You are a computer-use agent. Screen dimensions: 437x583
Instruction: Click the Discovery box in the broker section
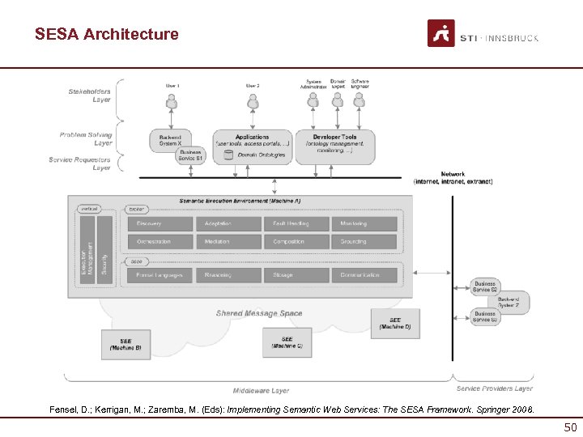point(159,223)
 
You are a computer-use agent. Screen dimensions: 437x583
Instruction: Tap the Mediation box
point(228,241)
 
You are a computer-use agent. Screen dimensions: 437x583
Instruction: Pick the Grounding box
point(364,241)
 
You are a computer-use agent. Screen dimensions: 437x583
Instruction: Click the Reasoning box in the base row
point(228,275)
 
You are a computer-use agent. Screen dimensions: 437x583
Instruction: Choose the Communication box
point(364,275)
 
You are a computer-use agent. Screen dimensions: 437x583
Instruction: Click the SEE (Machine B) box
point(126,345)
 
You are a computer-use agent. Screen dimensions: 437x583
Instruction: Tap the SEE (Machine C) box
point(287,342)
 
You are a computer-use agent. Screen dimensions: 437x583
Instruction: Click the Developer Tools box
point(334,146)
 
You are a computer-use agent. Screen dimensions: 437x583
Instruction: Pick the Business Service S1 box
point(191,155)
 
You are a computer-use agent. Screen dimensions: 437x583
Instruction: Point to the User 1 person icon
point(171,102)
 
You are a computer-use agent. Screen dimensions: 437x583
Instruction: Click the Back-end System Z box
point(509,302)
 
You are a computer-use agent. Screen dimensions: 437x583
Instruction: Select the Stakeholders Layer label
point(89,95)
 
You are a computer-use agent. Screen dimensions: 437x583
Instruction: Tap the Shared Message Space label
point(258,313)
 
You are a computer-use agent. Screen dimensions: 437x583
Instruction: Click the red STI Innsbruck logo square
point(440,33)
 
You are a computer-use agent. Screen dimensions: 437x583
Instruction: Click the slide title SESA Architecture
point(106,34)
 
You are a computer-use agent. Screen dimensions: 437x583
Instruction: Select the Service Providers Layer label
point(494,388)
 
